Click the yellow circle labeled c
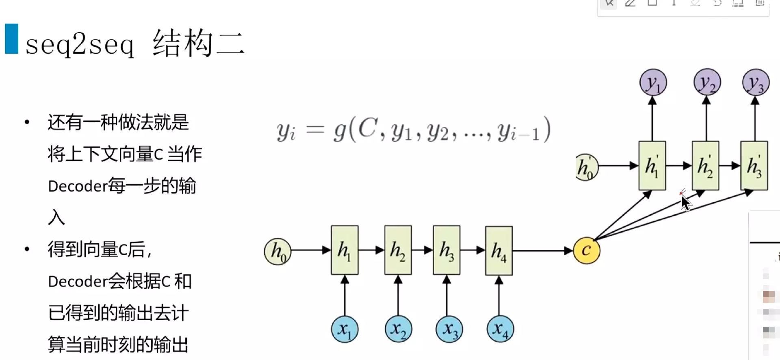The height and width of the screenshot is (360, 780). pyautogui.click(x=586, y=250)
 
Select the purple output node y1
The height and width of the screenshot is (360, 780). pyautogui.click(x=653, y=83)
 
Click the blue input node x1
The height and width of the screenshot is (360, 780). pyautogui.click(x=344, y=329)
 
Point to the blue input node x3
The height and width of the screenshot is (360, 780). pyautogui.click(x=449, y=329)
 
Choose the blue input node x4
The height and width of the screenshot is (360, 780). pyautogui.click(x=500, y=329)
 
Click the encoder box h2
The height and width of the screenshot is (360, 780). pyautogui.click(x=398, y=250)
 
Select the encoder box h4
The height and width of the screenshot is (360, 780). pyautogui.click(x=499, y=250)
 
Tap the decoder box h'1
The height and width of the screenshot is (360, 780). pyautogui.click(x=652, y=166)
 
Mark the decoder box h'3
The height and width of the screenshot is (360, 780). pyautogui.click(x=754, y=166)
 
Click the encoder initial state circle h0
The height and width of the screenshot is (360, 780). pyautogui.click(x=277, y=252)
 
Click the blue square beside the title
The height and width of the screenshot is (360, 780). pyautogui.click(x=12, y=39)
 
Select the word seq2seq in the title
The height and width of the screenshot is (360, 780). pyautogui.click(x=80, y=44)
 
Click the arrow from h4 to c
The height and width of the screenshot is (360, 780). pyautogui.click(x=542, y=251)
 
